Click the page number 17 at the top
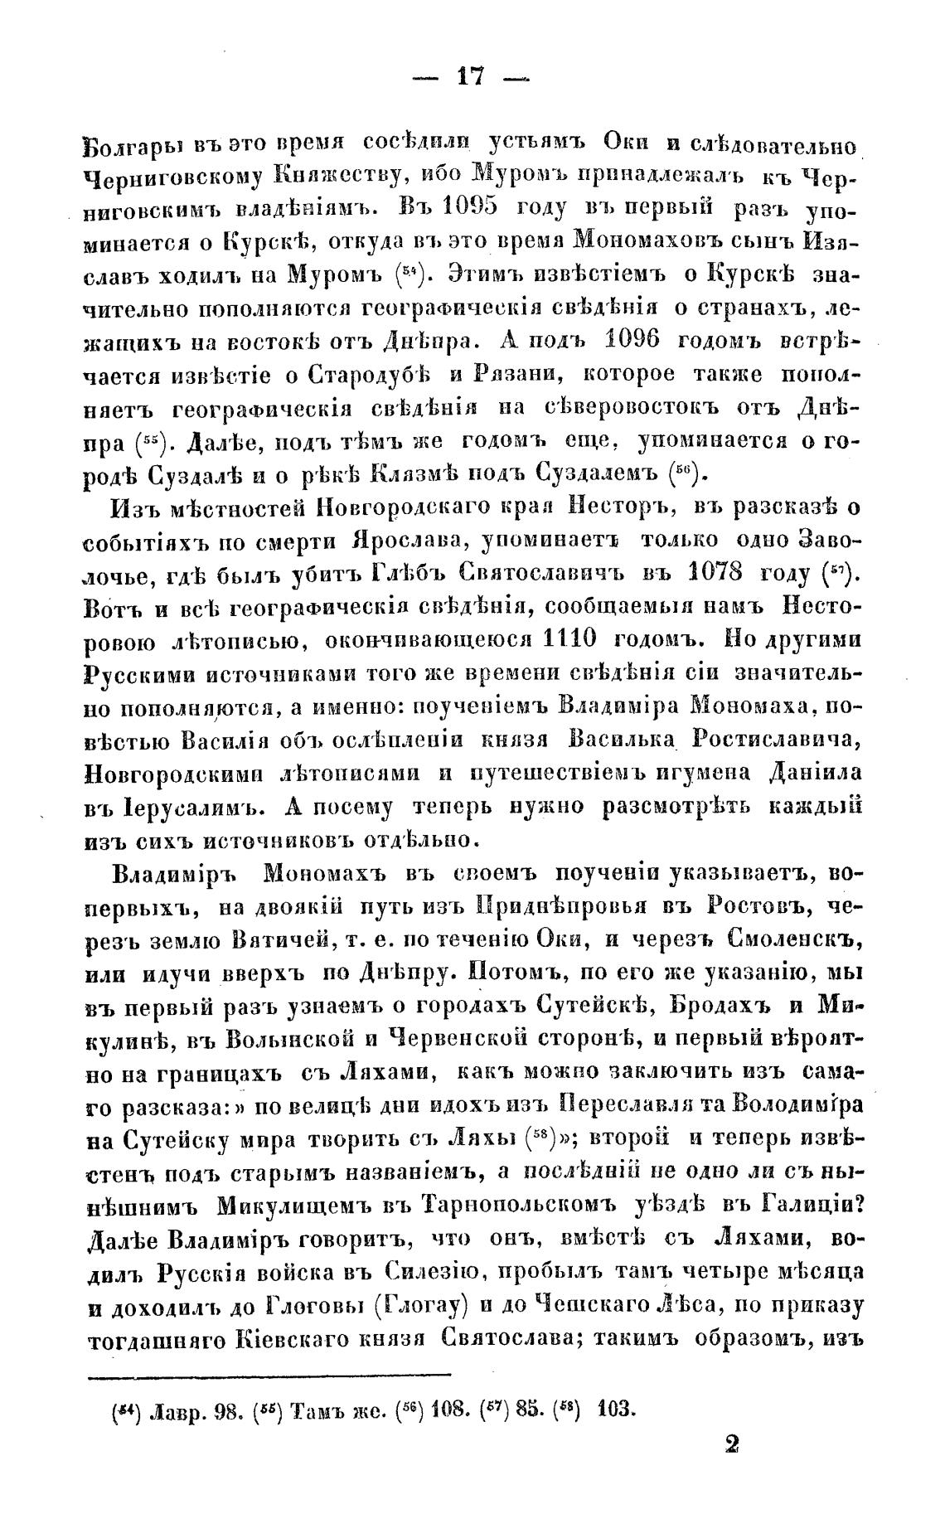(x=471, y=78)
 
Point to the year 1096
(x=643, y=340)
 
